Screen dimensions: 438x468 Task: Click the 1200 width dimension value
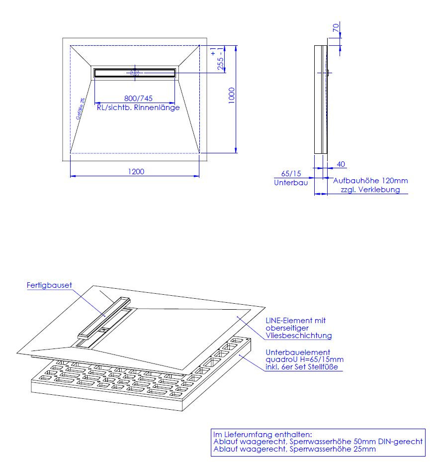click(x=136, y=172)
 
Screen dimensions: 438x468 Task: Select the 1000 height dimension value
click(x=232, y=96)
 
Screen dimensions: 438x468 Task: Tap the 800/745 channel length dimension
click(x=138, y=98)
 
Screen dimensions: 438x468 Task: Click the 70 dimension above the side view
click(x=336, y=28)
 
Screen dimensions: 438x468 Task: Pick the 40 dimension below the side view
click(x=341, y=164)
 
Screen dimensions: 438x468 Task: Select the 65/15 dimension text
click(x=291, y=173)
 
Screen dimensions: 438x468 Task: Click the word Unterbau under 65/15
click(x=291, y=183)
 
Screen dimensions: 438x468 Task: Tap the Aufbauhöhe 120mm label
click(x=370, y=181)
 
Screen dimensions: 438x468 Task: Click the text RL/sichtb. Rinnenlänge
click(x=138, y=108)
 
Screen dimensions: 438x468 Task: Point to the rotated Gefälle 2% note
click(x=80, y=109)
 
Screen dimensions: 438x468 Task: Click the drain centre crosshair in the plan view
click(x=135, y=73)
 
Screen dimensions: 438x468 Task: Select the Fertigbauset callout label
click(x=49, y=285)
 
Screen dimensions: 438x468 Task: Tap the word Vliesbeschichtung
click(x=299, y=336)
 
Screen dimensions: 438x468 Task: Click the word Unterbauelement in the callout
click(x=298, y=352)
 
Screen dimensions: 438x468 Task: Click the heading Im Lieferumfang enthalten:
click(x=263, y=435)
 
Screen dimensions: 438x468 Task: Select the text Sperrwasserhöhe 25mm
click(x=333, y=449)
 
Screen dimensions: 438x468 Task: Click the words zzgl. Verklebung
click(x=370, y=190)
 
